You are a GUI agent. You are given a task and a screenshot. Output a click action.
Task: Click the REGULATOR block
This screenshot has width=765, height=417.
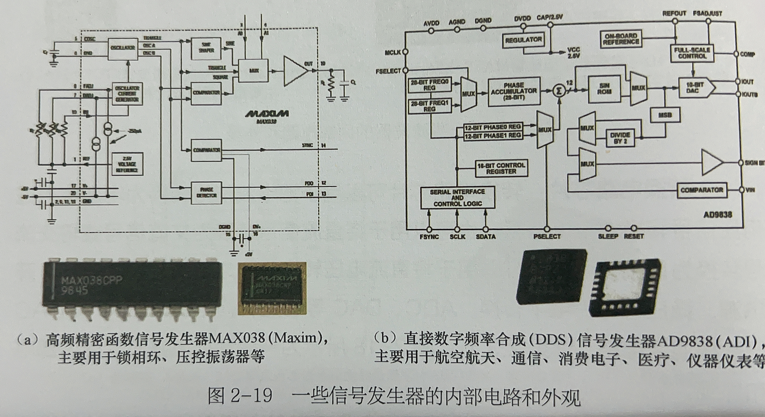[523, 40]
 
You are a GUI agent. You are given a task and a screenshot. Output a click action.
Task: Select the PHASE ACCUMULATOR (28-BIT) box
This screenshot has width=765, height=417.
[514, 91]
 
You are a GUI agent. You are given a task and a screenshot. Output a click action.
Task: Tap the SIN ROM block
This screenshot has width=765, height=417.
[604, 89]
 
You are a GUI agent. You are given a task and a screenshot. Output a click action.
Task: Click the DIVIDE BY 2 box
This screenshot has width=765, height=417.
[620, 138]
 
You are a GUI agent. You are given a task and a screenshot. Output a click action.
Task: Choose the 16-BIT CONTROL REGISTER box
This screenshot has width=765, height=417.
[501, 168]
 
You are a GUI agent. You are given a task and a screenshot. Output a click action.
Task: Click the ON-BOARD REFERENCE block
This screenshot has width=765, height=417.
[621, 39]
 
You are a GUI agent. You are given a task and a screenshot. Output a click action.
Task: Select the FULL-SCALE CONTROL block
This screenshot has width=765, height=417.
[692, 53]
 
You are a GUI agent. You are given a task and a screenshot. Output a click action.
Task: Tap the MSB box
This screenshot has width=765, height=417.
[665, 115]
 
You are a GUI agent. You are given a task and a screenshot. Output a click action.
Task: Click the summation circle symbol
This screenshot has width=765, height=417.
[559, 91]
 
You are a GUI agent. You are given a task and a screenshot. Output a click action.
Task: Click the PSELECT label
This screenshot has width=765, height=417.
[547, 237]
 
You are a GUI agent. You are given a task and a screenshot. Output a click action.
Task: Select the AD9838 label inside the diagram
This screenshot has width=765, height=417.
[718, 214]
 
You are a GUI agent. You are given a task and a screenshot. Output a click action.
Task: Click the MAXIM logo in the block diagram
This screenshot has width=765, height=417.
[267, 114]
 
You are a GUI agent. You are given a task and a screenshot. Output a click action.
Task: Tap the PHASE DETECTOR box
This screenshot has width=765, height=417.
[206, 193]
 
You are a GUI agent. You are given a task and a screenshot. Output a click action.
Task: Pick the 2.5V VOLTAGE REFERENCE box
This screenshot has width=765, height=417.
[127, 164]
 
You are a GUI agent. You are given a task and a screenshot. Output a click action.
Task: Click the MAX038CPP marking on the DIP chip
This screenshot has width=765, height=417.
[91, 280]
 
